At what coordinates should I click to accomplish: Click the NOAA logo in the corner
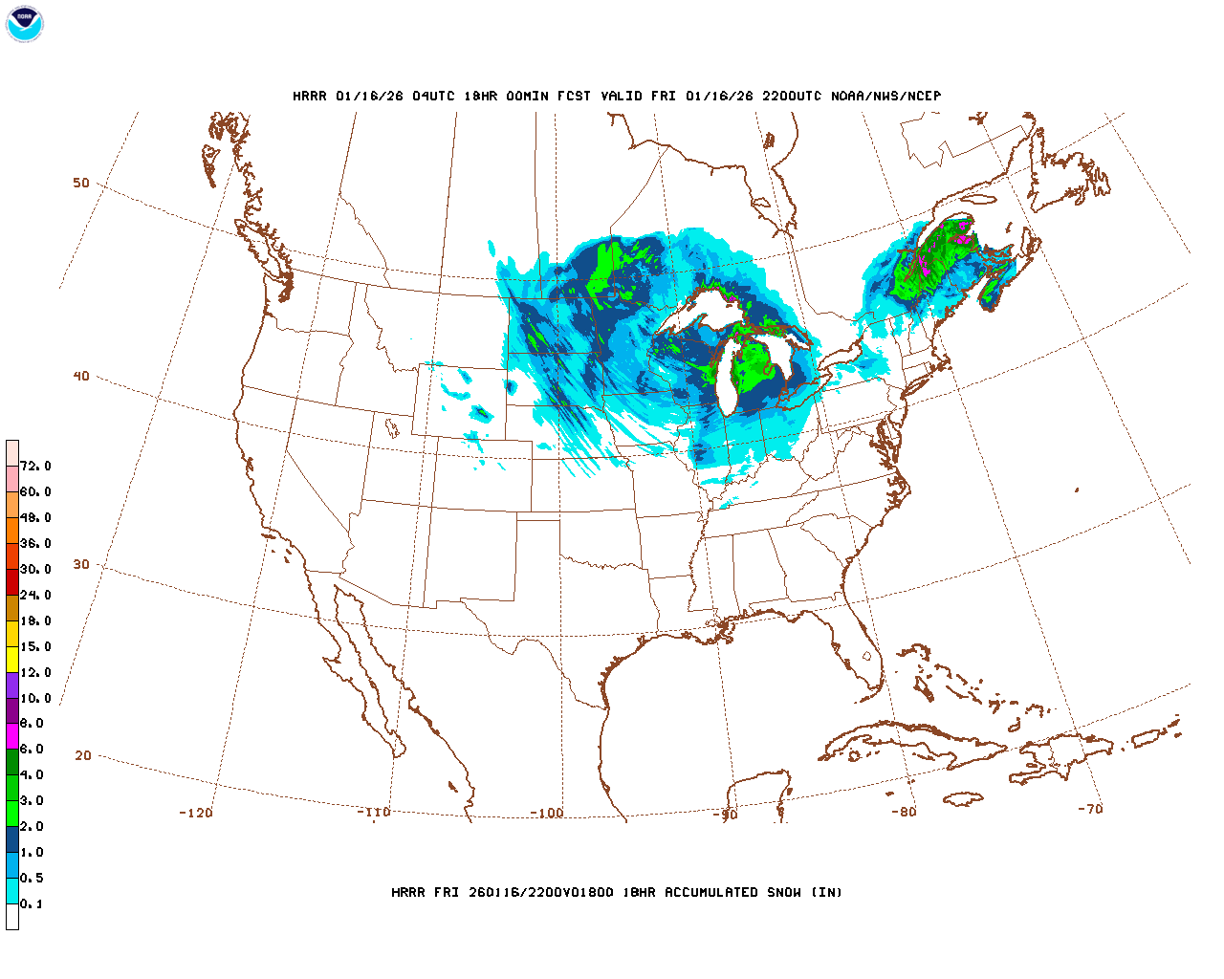pyautogui.click(x=25, y=24)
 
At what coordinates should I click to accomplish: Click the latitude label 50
pyautogui.click(x=81, y=183)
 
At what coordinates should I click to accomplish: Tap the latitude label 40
pyautogui.click(x=81, y=376)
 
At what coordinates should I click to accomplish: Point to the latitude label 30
pyautogui.click(x=81, y=564)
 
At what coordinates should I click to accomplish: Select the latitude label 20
pyautogui.click(x=83, y=755)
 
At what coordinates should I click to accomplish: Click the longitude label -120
pyautogui.click(x=195, y=813)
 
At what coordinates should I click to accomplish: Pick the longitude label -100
pyautogui.click(x=547, y=814)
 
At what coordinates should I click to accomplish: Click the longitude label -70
pyautogui.click(x=1090, y=809)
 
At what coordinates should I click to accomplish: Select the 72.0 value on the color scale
pyautogui.click(x=35, y=467)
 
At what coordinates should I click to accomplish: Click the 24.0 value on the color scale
pyautogui.click(x=35, y=595)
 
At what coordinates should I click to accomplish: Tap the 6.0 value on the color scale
pyautogui.click(x=32, y=750)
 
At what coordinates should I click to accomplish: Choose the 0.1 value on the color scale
pyautogui.click(x=32, y=903)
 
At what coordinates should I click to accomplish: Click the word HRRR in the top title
pyautogui.click(x=310, y=96)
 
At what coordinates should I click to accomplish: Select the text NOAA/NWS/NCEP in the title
pyautogui.click(x=885, y=96)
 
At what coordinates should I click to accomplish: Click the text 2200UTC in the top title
pyautogui.click(x=791, y=96)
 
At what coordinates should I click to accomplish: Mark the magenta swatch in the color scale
pyautogui.click(x=12, y=736)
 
